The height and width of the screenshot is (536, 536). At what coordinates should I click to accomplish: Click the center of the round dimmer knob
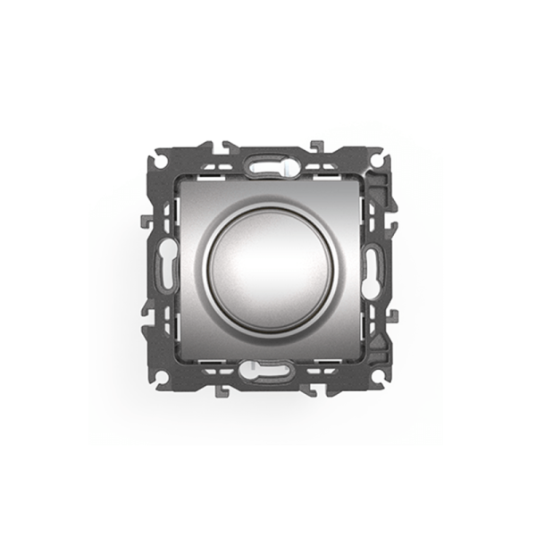point(268,265)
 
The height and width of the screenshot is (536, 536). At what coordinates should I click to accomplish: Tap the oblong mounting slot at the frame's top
point(269,164)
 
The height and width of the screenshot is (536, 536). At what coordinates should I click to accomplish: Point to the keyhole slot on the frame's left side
point(166,265)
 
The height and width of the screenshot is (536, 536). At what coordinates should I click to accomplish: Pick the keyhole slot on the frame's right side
point(370,265)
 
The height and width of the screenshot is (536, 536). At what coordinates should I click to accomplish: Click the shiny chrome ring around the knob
point(208,265)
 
